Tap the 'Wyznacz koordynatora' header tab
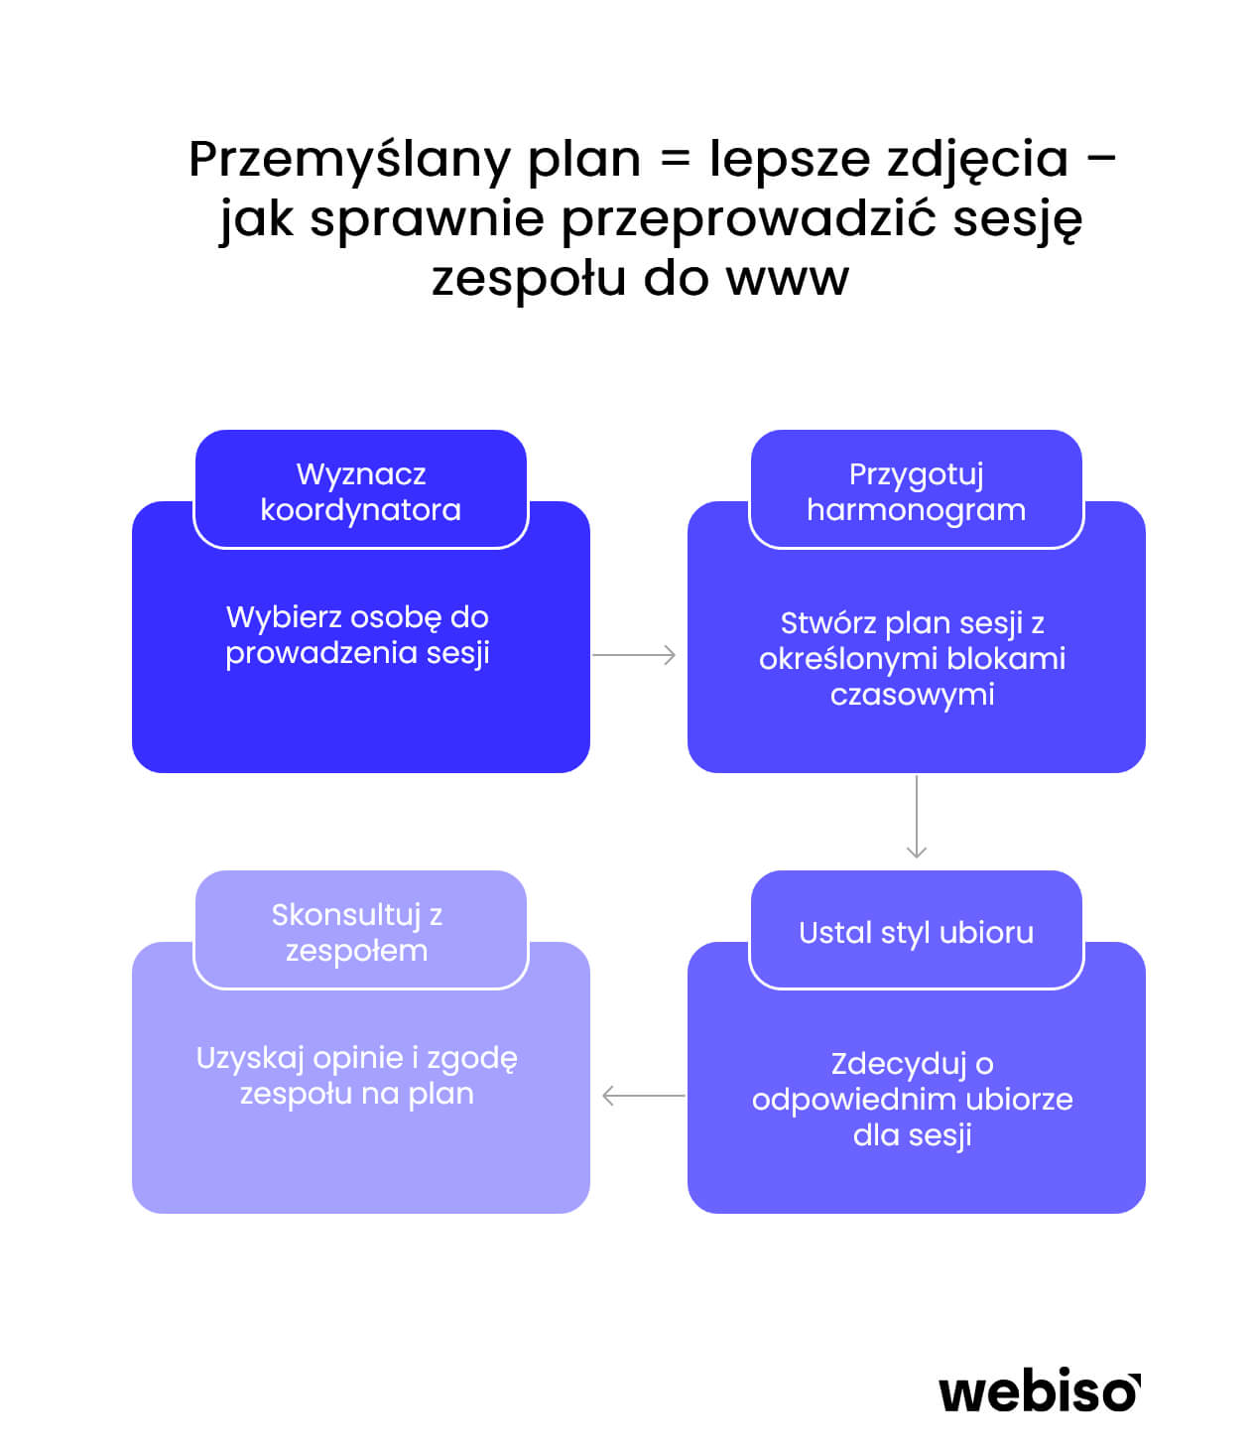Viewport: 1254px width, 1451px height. [x=361, y=488]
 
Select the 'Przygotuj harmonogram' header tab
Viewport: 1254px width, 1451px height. [x=916, y=488]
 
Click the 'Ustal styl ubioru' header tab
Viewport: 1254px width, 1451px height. [x=916, y=929]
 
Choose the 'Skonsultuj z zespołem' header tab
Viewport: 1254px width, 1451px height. [x=361, y=929]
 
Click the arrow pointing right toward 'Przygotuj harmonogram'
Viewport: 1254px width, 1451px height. [x=634, y=655]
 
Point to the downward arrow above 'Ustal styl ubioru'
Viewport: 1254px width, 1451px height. [x=917, y=817]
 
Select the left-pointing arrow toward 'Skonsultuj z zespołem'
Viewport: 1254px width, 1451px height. [x=644, y=1096]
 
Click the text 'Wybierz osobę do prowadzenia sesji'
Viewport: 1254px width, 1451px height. [x=357, y=634]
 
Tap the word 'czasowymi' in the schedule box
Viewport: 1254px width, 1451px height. [x=913, y=695]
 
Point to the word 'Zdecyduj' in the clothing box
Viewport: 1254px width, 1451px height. [x=890, y=1064]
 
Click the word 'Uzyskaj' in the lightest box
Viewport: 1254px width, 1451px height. [x=250, y=1059]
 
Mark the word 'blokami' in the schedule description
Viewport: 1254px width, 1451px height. [x=1006, y=658]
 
